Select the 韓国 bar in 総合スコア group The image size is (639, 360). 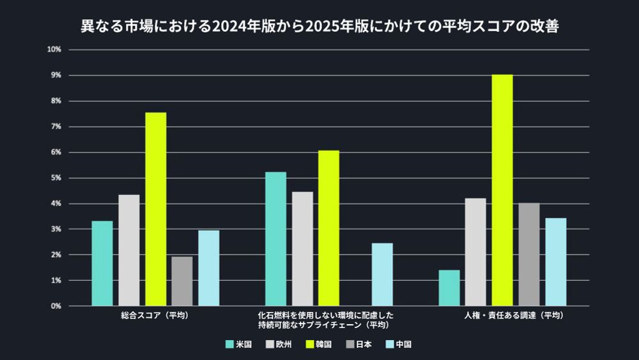pos(155,209)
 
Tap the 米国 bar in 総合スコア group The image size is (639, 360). pos(102,263)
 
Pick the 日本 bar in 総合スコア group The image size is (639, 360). pos(182,281)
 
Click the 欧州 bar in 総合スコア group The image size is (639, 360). pos(129,250)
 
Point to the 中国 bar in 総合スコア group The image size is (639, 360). pos(208,268)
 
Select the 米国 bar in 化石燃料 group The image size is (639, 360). pos(276,239)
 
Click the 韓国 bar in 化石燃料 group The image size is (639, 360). pos(328,228)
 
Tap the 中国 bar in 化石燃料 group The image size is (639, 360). pos(382,274)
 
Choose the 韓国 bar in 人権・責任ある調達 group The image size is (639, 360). pos(502,190)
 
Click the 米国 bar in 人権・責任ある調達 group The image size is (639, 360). pos(449,288)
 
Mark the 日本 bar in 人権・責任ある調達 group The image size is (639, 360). pos(529,254)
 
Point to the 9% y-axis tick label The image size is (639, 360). pos(55,75)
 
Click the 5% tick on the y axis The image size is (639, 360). pos(55,178)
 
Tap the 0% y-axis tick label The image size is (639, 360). pos(55,306)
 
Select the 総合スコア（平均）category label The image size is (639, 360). pos(155,315)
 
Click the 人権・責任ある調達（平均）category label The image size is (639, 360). pos(514,315)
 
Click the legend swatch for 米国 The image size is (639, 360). pos(229,344)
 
